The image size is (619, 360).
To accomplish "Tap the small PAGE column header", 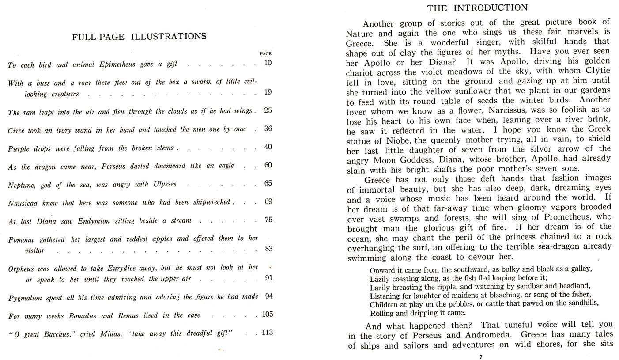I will pyautogui.click(x=266, y=54).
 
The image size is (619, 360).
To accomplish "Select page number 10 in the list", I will pyautogui.click(x=268, y=63).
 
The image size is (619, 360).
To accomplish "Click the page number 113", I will pyautogui.click(x=267, y=332).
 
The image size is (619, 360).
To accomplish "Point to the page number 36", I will pyautogui.click(x=268, y=129).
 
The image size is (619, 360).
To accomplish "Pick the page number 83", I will pyautogui.click(x=268, y=249).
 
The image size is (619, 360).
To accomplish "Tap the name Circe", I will pyautogui.click(x=17, y=130).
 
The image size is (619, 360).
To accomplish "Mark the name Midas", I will pyautogui.click(x=106, y=333).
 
